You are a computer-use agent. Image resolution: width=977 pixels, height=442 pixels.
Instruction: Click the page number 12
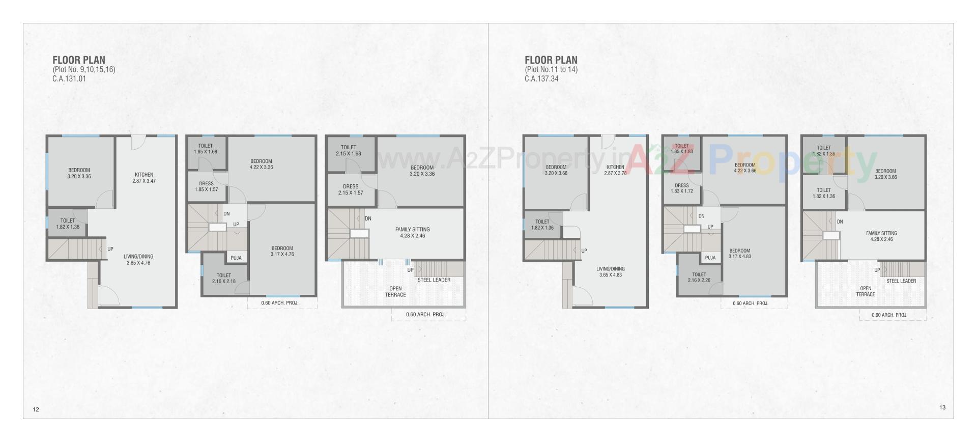pos(36,409)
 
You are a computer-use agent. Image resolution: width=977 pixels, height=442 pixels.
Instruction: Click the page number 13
pos(942,407)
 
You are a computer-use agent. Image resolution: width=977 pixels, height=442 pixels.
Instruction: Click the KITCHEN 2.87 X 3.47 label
pos(145,178)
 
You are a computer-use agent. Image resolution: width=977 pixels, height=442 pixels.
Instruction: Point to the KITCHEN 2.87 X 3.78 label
pos(615,170)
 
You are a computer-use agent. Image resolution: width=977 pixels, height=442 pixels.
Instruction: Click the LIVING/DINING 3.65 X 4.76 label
pos(138,260)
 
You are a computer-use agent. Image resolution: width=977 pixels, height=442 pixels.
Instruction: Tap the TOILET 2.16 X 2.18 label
pos(224,278)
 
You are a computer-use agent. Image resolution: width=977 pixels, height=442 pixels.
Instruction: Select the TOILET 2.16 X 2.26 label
pos(699,277)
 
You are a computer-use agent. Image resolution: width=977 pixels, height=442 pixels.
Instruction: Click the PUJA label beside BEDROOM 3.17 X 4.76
pos(236,258)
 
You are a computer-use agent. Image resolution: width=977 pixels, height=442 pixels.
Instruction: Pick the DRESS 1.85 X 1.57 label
pos(206,186)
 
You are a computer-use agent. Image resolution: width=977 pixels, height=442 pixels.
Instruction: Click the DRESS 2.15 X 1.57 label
pos(351,189)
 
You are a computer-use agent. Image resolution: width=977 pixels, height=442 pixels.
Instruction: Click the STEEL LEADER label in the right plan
pos(901,281)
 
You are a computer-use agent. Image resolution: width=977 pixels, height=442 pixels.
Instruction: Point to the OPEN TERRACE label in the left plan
pos(395,292)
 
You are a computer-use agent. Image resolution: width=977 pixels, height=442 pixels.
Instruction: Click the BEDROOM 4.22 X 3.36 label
pos(262,164)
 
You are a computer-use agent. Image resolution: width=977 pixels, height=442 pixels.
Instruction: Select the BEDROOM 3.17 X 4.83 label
pos(739,253)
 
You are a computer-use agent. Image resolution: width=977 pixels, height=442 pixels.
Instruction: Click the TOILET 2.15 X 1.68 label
pos(349,150)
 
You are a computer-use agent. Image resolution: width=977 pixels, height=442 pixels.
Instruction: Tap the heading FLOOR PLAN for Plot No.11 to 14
pos(551,60)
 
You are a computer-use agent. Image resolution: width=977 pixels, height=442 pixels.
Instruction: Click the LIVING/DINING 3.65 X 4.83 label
pos(611,271)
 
